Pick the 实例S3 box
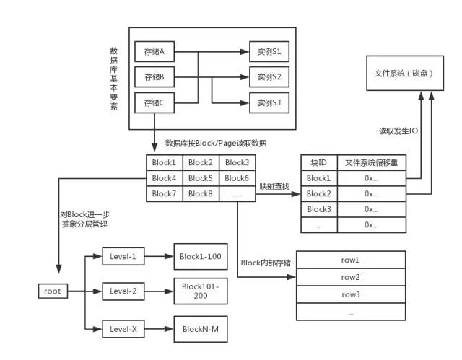(269, 102)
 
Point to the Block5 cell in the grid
(201, 178)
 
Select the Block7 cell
(165, 193)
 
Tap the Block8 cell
(201, 193)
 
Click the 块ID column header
(319, 163)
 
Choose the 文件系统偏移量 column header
(372, 163)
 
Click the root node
(53, 291)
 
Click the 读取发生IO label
(399, 132)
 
